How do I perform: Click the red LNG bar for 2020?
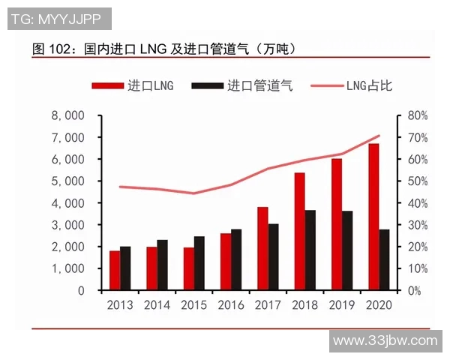pos(373,217)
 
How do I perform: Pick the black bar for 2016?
pos(236,259)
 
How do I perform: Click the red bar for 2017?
pos(262,248)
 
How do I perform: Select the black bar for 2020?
pos(384,259)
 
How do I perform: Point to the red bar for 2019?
pos(337,224)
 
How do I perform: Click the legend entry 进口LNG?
pos(133,85)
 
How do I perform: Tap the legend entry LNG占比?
pos(355,85)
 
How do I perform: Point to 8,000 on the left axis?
pos(67,116)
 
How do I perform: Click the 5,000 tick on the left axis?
pos(67,181)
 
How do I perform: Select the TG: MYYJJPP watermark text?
pos(59,18)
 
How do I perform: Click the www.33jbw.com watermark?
pos(384,340)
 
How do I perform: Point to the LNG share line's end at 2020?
pos(379,136)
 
